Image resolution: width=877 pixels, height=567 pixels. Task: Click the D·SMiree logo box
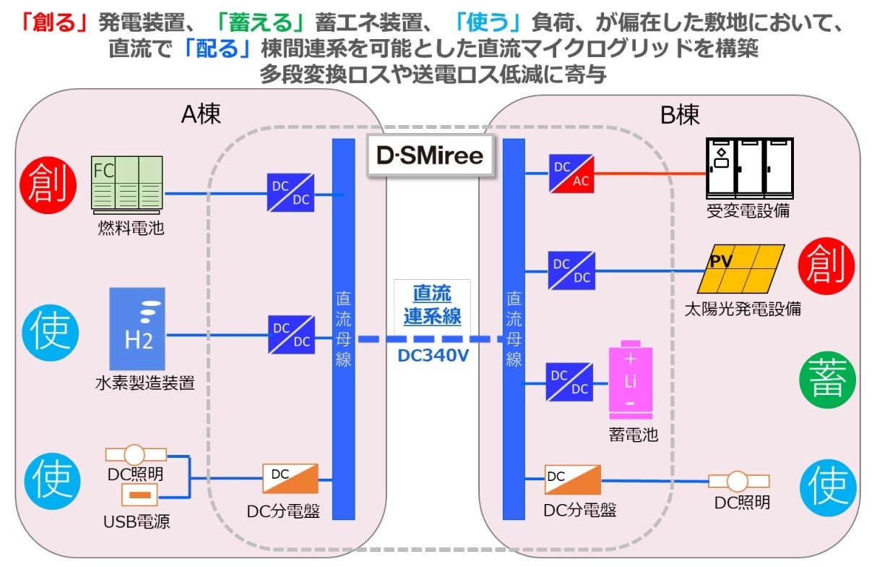429,155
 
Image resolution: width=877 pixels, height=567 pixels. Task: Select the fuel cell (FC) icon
128,185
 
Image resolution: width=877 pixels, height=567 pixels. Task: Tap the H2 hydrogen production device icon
137,329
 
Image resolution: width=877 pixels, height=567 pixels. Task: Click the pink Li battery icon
630,380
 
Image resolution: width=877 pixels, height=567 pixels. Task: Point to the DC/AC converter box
572,174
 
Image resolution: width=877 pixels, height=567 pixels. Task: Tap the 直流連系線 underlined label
432,305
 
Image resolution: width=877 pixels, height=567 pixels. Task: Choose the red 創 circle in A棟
51,184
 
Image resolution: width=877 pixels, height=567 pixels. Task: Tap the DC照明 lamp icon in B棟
738,481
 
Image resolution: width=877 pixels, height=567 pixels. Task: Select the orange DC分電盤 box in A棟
290,479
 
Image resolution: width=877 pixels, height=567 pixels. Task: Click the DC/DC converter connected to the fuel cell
290,192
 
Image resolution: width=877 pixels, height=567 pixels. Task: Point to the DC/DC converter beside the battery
570,381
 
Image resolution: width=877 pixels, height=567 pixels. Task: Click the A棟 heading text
201,114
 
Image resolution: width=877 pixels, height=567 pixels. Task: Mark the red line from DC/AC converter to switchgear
650,174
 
